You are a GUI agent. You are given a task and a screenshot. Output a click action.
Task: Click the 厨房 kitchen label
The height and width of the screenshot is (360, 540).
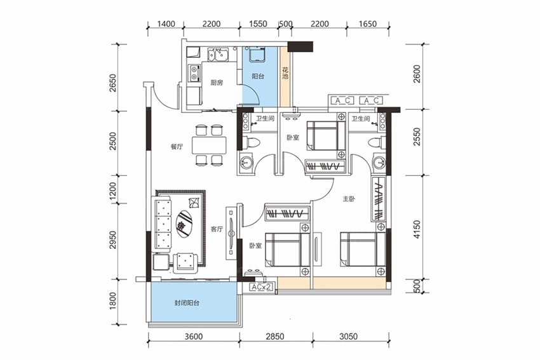[217, 83]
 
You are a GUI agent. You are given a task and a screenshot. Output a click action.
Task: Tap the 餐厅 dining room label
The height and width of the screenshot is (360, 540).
[177, 147]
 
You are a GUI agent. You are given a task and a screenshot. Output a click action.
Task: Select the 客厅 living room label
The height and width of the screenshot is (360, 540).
[217, 229]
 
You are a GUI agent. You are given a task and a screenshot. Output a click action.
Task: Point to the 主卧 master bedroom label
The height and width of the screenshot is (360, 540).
[349, 199]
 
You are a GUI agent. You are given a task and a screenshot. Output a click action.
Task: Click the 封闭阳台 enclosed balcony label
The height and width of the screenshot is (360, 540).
[187, 303]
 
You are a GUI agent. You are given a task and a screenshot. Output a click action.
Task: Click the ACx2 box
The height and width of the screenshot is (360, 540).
[260, 287]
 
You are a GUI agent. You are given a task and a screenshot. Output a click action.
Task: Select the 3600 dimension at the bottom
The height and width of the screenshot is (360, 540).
[194, 337]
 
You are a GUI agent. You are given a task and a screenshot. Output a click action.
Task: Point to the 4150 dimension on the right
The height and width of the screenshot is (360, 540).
[417, 230]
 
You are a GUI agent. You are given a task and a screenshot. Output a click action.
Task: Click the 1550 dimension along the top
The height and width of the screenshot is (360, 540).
[258, 23]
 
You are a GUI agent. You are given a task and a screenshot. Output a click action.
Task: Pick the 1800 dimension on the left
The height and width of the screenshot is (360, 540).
[112, 301]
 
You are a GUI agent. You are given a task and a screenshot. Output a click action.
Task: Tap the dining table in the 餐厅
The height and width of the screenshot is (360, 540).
[210, 145]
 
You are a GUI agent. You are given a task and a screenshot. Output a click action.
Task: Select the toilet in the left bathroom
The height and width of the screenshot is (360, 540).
[250, 143]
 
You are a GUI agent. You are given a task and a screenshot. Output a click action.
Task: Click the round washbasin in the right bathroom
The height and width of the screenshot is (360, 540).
[379, 162]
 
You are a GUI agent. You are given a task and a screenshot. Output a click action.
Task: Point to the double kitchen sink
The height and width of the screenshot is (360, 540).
[218, 55]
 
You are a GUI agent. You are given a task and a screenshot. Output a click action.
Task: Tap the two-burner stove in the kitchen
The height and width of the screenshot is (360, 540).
[194, 73]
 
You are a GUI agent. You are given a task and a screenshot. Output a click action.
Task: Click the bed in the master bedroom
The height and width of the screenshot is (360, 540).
[363, 250]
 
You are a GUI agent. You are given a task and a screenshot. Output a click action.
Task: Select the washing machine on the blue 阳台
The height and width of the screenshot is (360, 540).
[257, 55]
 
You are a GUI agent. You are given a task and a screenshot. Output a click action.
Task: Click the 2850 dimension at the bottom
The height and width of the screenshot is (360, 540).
[275, 337]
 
